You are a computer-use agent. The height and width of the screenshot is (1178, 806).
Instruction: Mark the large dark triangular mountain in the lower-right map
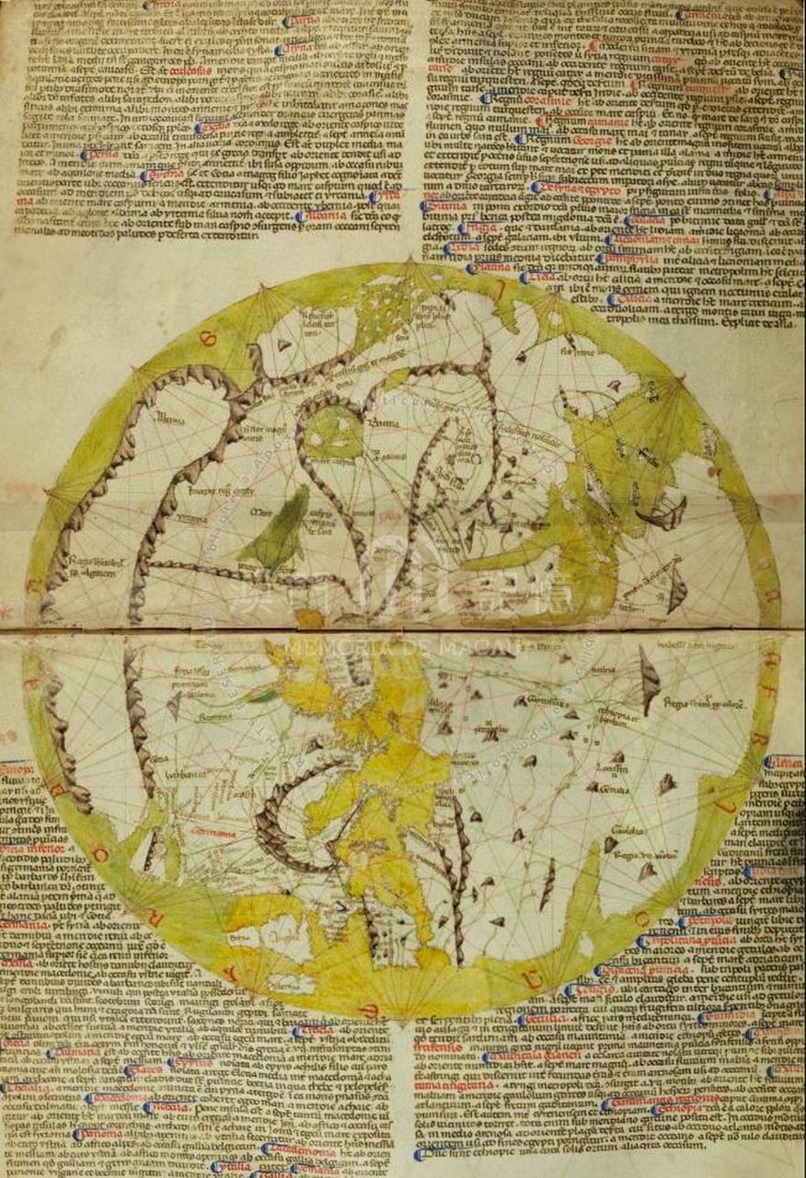(x=649, y=679)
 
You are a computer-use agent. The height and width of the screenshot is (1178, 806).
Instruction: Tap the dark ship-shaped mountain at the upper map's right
(x=664, y=513)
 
